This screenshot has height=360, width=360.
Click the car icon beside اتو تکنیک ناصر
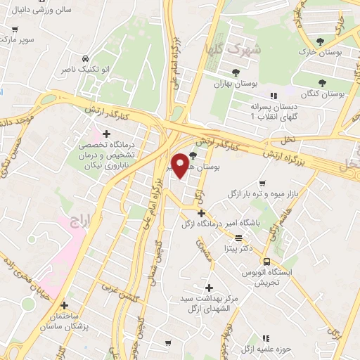85,58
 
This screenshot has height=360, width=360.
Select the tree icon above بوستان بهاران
236,72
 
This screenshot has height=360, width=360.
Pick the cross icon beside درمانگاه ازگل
202,213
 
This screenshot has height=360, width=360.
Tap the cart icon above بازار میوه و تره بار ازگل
262,183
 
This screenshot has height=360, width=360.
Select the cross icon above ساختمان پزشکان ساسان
65,306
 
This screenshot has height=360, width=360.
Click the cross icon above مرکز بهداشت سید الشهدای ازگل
208,287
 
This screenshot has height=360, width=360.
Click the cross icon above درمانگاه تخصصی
106,134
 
